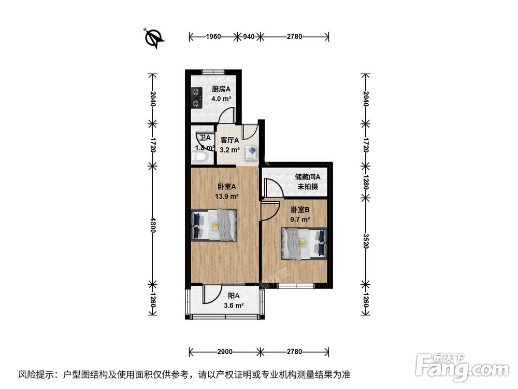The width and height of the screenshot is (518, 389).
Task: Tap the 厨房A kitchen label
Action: [221, 88]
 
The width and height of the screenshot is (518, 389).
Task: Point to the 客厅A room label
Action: [229, 140]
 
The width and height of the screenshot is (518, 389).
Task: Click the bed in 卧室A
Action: [214, 225]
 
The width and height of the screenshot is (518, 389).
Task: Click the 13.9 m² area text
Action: [227, 197]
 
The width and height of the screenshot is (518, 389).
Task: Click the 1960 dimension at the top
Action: [213, 37]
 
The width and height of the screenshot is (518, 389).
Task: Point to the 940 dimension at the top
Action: [249, 37]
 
